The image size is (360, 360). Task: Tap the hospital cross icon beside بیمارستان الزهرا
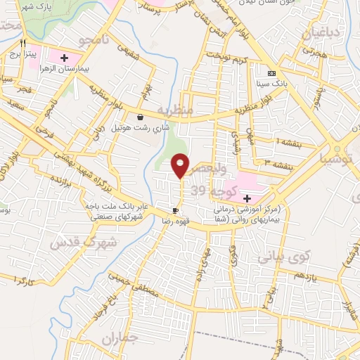[x=65, y=58]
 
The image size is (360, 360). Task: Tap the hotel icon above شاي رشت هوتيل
[x=141, y=117]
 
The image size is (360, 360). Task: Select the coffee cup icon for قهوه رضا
[x=175, y=210]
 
